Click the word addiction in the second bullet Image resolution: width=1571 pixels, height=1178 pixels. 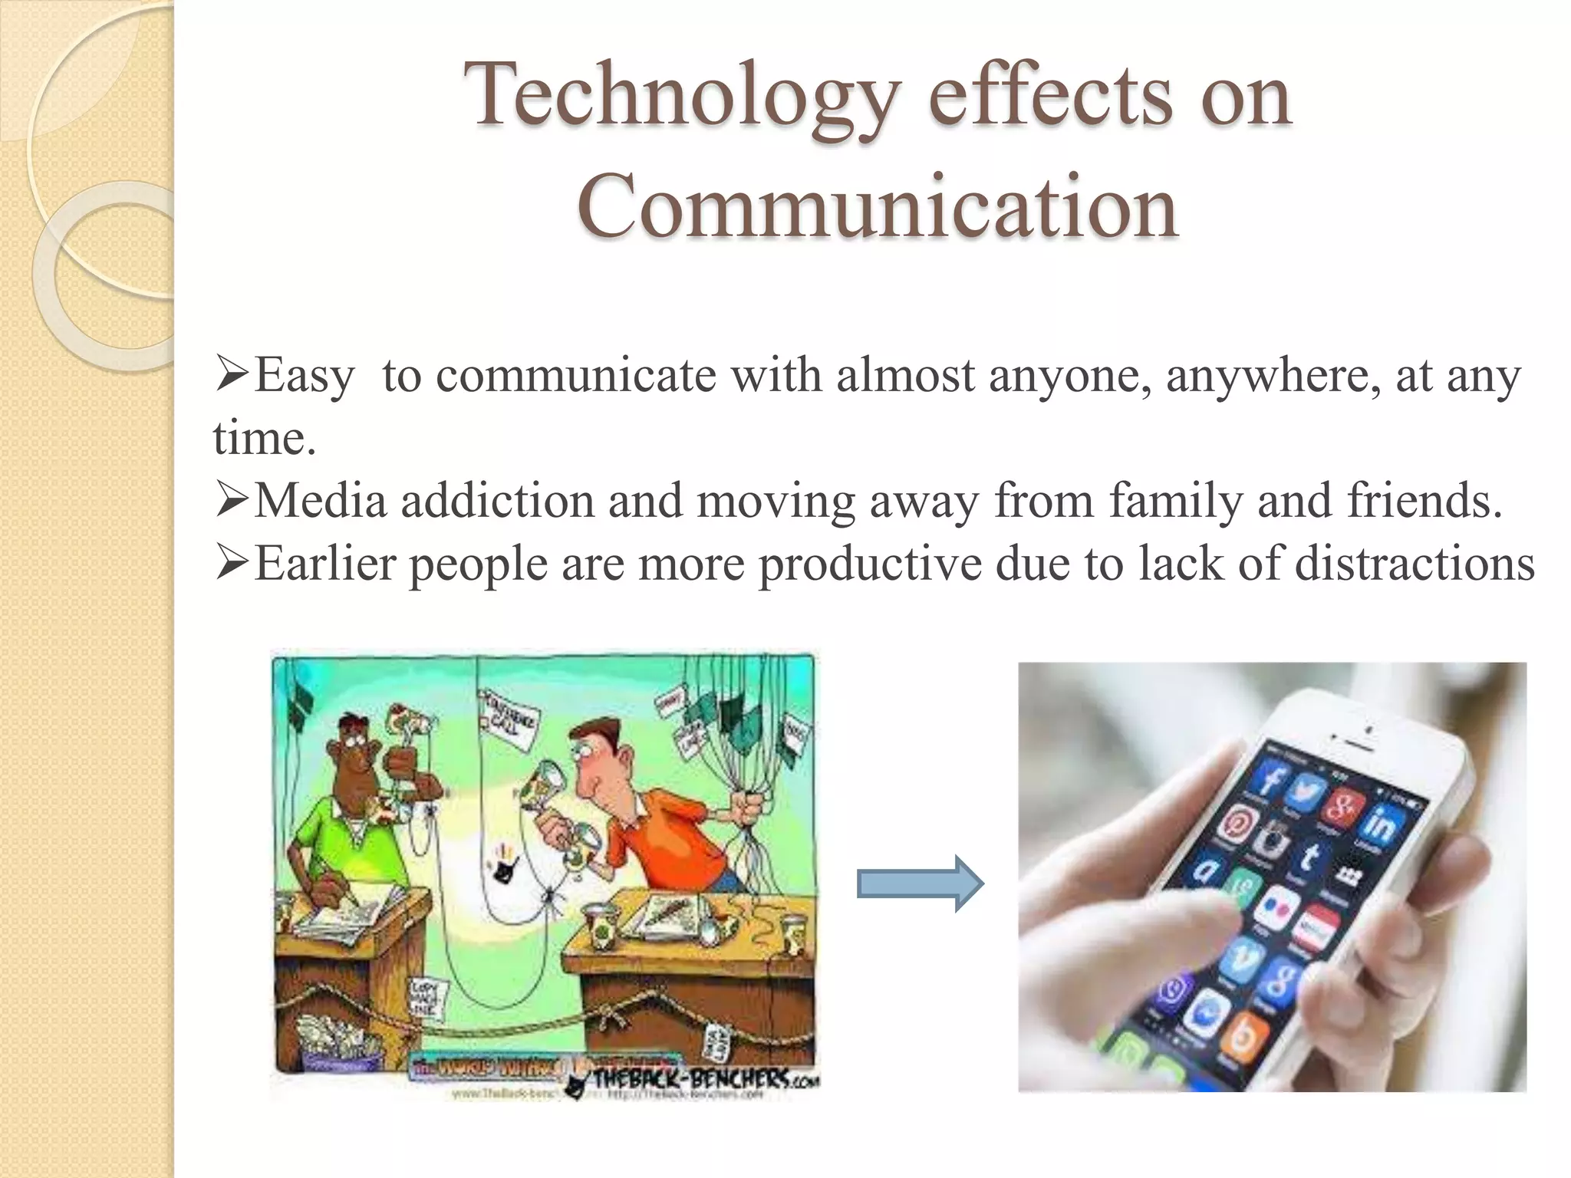tap(497, 502)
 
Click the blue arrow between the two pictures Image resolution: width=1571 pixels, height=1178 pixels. tap(919, 883)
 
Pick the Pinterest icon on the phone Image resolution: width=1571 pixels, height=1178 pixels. tap(1237, 824)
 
